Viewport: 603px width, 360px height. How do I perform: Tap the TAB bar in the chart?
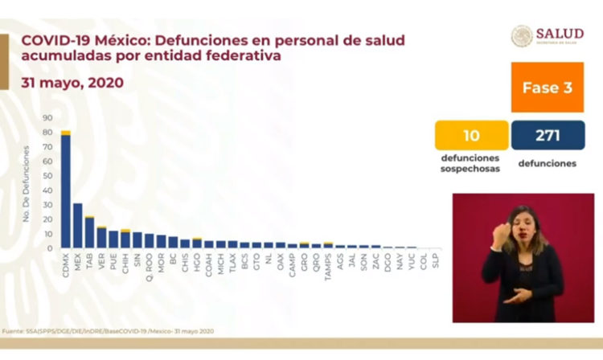pyautogui.click(x=89, y=232)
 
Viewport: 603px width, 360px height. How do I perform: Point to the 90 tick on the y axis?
pyautogui.click(x=48, y=118)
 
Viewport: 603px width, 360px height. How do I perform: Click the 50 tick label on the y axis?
pyautogui.click(x=48, y=176)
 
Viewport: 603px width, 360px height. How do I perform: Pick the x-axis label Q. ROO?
pyautogui.click(x=149, y=266)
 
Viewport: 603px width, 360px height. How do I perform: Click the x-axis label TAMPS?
pyautogui.click(x=328, y=266)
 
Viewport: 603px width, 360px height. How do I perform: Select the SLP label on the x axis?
pyautogui.click(x=436, y=261)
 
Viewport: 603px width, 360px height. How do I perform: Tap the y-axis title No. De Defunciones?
pyautogui.click(x=27, y=183)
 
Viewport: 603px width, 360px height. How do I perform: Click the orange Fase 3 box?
pyautogui.click(x=547, y=88)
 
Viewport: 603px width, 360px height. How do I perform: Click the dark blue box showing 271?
pyautogui.click(x=548, y=134)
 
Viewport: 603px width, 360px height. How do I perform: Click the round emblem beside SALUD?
pyautogui.click(x=523, y=35)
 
